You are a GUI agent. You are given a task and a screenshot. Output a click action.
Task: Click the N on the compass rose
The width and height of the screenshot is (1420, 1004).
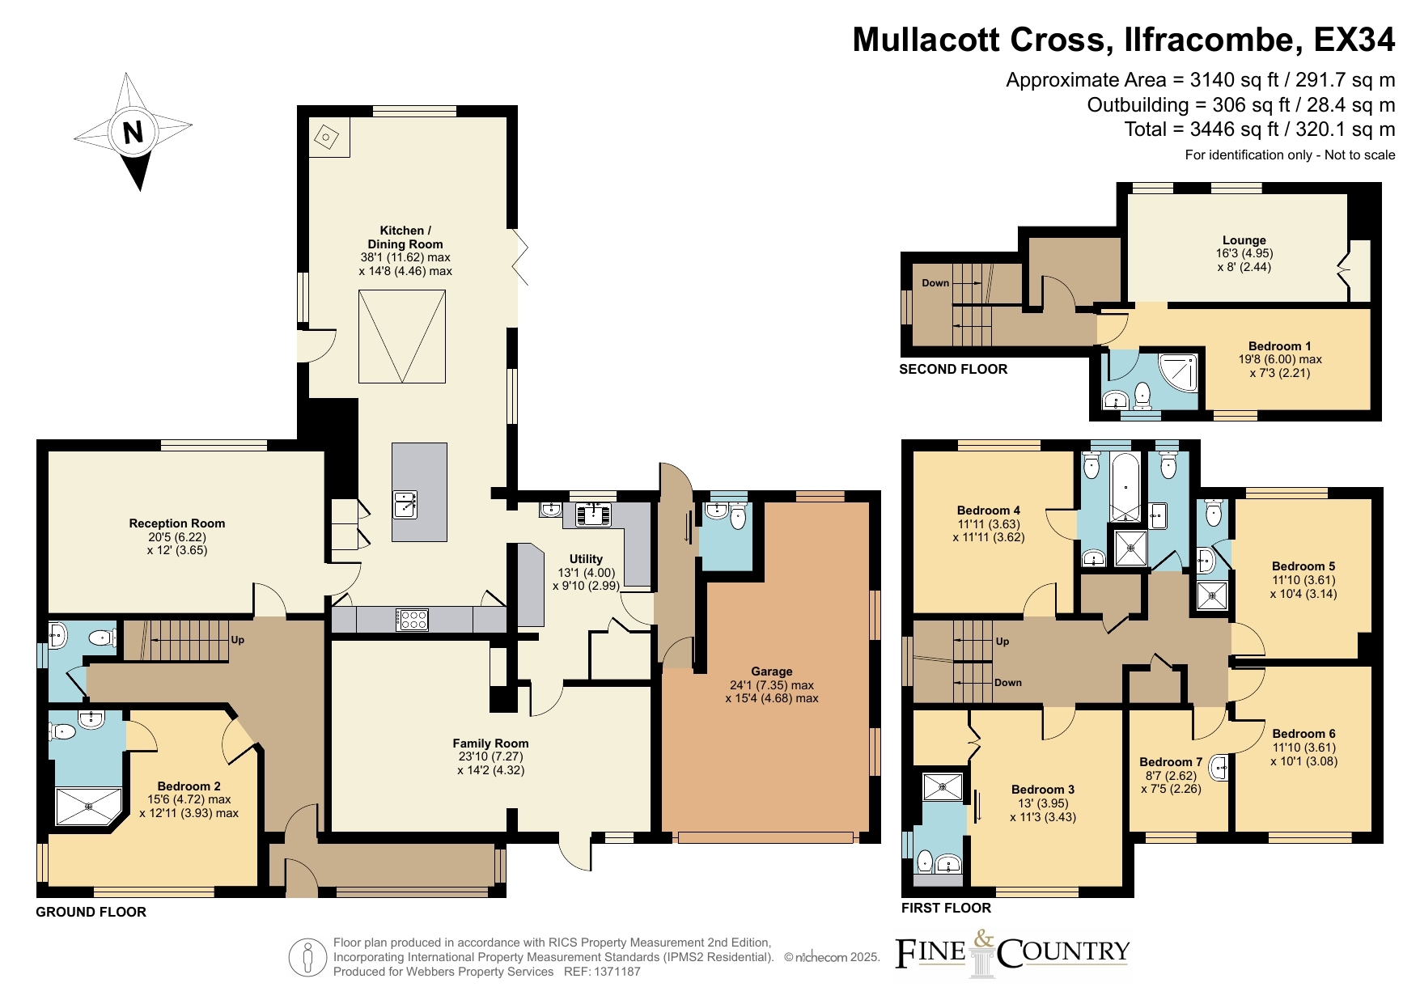133,132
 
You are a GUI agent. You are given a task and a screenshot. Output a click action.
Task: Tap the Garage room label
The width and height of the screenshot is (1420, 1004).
771,671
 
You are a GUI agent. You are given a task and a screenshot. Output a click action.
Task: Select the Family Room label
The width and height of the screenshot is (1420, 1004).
490,743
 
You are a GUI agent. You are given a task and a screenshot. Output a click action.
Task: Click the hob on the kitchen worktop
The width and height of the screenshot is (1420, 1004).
413,620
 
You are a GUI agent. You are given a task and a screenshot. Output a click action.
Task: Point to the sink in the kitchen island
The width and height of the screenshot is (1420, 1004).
405,505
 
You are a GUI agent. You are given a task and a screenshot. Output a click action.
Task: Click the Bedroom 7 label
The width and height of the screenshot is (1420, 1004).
1171,762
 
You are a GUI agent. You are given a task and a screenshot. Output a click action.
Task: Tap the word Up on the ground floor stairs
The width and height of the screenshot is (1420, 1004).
238,640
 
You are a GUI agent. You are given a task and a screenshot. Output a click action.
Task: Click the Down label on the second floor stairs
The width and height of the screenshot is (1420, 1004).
935,283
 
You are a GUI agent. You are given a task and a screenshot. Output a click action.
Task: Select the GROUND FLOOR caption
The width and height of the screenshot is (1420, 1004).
91,912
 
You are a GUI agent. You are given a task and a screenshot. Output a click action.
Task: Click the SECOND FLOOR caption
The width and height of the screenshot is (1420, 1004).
953,369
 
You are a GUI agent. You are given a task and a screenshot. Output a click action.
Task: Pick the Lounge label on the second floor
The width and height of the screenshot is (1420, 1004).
1244,240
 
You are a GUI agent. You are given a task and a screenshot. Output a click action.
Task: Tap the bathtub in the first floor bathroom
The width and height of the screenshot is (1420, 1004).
1125,487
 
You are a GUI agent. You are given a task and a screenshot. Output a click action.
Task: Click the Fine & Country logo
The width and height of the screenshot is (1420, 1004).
1012,954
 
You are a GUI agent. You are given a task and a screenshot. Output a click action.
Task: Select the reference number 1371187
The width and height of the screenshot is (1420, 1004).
617,972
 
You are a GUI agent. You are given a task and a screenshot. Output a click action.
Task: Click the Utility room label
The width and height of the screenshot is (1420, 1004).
586,559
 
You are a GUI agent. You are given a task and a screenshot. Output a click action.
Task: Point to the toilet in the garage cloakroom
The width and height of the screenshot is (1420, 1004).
738,516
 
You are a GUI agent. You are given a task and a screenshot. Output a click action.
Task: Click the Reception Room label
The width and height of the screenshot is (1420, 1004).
177,523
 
